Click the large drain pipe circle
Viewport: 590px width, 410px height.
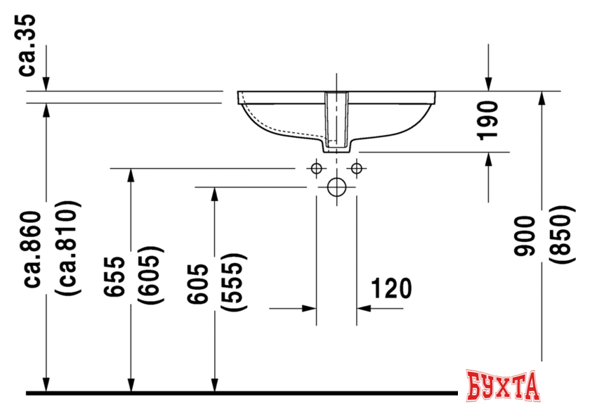point(336,187)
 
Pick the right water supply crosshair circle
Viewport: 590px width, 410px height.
point(357,168)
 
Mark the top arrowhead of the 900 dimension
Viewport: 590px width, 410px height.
point(540,98)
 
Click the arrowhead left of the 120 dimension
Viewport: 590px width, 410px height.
point(308,308)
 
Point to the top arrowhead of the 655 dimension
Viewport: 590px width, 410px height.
point(130,175)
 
